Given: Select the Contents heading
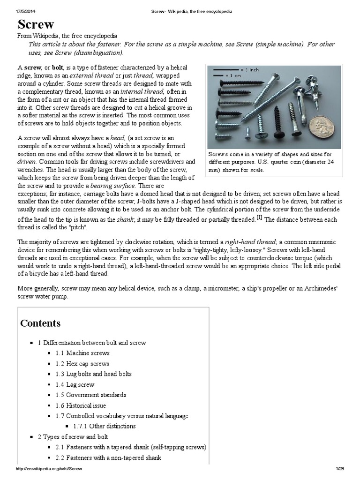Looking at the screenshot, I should [x=40, y=323].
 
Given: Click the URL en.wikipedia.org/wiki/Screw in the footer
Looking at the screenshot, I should [x=49, y=469].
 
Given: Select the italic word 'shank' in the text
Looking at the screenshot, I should [x=126, y=219].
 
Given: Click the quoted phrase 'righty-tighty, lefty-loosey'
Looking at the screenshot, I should [x=228, y=250].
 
